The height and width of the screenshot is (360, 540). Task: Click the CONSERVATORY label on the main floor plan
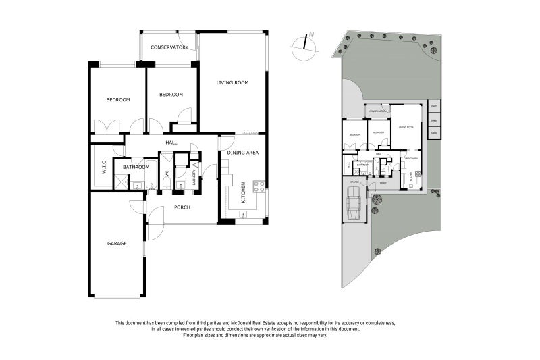(169, 47)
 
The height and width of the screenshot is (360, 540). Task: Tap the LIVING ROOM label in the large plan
(232, 83)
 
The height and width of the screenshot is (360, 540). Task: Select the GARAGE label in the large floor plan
(117, 243)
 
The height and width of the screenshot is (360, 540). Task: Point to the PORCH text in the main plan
(182, 208)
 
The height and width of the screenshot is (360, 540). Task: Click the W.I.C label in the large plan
(104, 165)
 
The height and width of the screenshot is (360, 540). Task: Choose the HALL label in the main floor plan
(171, 143)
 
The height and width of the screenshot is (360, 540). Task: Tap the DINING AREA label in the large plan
(243, 153)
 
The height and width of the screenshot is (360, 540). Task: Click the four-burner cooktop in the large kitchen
(258, 186)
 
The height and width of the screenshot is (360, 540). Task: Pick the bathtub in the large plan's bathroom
(149, 175)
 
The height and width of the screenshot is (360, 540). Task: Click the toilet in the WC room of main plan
(167, 186)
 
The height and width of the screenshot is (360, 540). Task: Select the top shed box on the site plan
(434, 107)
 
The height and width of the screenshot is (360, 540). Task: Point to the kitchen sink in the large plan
(242, 215)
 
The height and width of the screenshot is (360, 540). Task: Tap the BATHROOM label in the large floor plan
(136, 166)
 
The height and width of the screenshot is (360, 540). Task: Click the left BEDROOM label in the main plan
(117, 100)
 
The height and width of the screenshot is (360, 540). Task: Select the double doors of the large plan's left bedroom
(106, 126)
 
